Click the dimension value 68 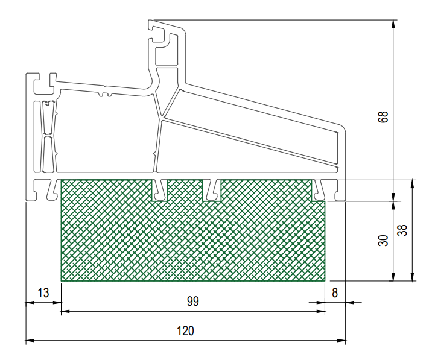pos(383,117)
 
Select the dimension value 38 pos(402,230)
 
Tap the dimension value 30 pos(383,240)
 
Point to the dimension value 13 pos(43,293)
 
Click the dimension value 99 pos(193,302)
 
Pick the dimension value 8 pos(335,293)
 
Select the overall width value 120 pos(186,331)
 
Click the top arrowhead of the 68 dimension pos(393,24)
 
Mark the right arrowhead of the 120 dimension pos(341,340)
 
